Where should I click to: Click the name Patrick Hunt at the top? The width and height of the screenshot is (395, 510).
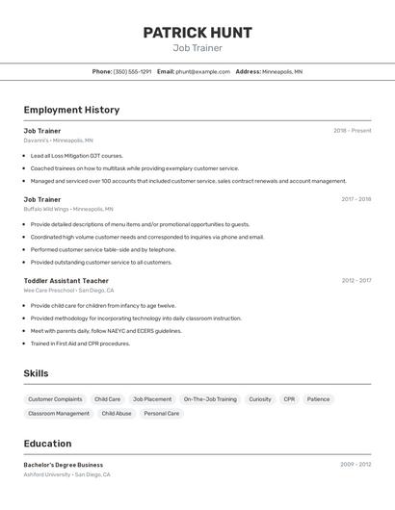point(197,33)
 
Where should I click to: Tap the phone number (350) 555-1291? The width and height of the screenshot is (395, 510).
point(132,71)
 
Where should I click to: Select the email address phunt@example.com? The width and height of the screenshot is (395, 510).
point(202,71)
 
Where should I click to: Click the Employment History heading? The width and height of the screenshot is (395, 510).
point(71,110)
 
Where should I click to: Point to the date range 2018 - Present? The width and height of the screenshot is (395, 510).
point(352,131)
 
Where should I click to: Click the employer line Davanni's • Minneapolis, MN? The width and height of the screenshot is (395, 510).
point(59,140)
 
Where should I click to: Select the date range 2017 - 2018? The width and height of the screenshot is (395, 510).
point(355,199)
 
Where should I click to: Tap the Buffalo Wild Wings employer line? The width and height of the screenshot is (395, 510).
point(68,209)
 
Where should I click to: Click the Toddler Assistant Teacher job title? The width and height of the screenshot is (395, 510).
point(66,281)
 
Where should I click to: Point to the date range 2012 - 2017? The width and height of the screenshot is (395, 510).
point(355,281)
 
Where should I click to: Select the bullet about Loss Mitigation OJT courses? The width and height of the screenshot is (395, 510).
point(77,155)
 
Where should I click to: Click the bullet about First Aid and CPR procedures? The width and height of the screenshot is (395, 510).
point(80,344)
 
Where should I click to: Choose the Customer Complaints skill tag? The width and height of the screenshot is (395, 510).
point(55,399)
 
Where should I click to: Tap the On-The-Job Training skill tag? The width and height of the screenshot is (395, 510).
point(210,399)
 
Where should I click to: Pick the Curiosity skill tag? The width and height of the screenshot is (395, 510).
point(260,399)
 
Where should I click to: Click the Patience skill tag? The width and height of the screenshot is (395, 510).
point(318,399)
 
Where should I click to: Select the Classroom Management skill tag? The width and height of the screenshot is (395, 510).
point(59,414)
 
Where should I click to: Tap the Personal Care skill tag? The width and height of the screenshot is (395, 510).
point(161,414)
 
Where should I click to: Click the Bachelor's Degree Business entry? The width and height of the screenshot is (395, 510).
point(64,465)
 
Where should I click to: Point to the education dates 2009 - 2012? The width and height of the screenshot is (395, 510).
point(355,465)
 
